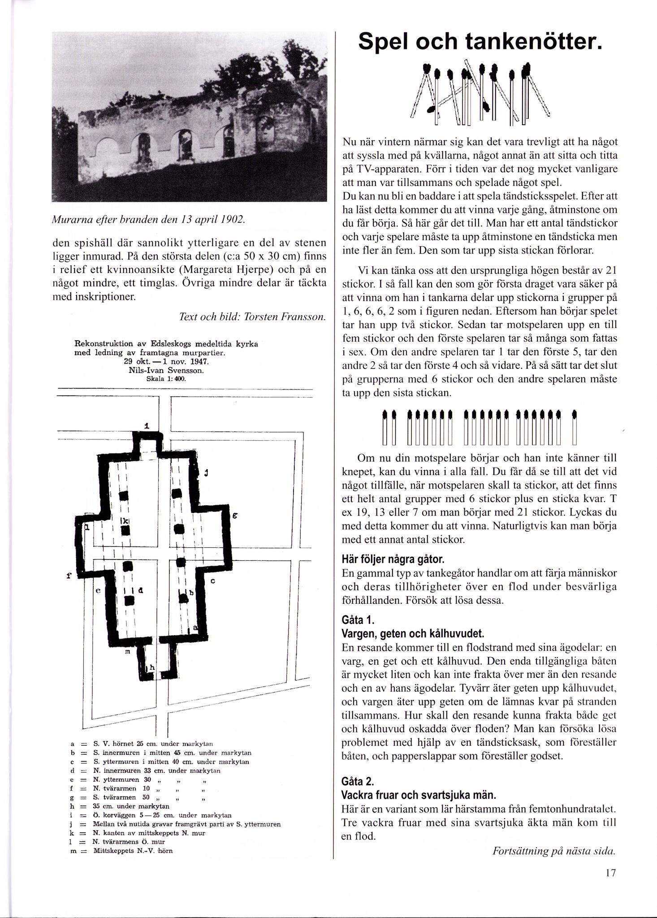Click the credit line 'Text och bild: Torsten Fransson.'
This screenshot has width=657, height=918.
252,316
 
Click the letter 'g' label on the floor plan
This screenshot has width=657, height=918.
234,516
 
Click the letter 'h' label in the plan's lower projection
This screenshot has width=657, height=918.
152,667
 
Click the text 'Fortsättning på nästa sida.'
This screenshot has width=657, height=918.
554,851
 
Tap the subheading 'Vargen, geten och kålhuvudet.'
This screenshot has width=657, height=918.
413,634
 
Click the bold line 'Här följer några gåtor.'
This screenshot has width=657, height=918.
393,560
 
